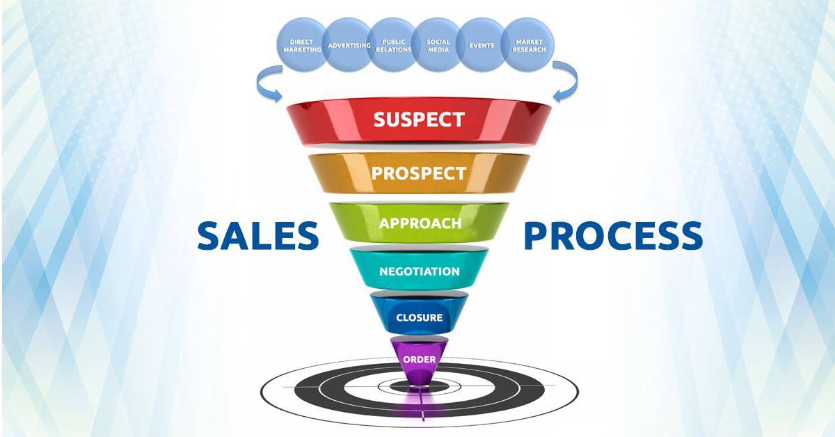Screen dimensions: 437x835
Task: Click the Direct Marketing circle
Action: [302, 46]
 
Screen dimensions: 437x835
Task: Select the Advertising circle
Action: [347, 46]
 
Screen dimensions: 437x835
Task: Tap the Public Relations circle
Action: [392, 46]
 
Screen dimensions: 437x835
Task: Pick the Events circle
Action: [482, 46]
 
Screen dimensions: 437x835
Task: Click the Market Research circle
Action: [528, 46]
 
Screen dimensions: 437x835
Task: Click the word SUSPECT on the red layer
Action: [419, 119]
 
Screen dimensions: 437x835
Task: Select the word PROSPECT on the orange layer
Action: [419, 173]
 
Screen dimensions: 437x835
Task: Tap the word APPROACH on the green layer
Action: [420, 223]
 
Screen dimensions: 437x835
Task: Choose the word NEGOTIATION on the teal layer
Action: [419, 271]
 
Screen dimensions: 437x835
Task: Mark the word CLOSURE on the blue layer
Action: [419, 318]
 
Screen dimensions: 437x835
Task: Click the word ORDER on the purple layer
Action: [419, 360]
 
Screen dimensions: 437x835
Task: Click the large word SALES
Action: [257, 236]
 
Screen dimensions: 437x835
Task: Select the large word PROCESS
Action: [612, 236]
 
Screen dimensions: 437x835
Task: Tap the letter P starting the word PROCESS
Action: [536, 236]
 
